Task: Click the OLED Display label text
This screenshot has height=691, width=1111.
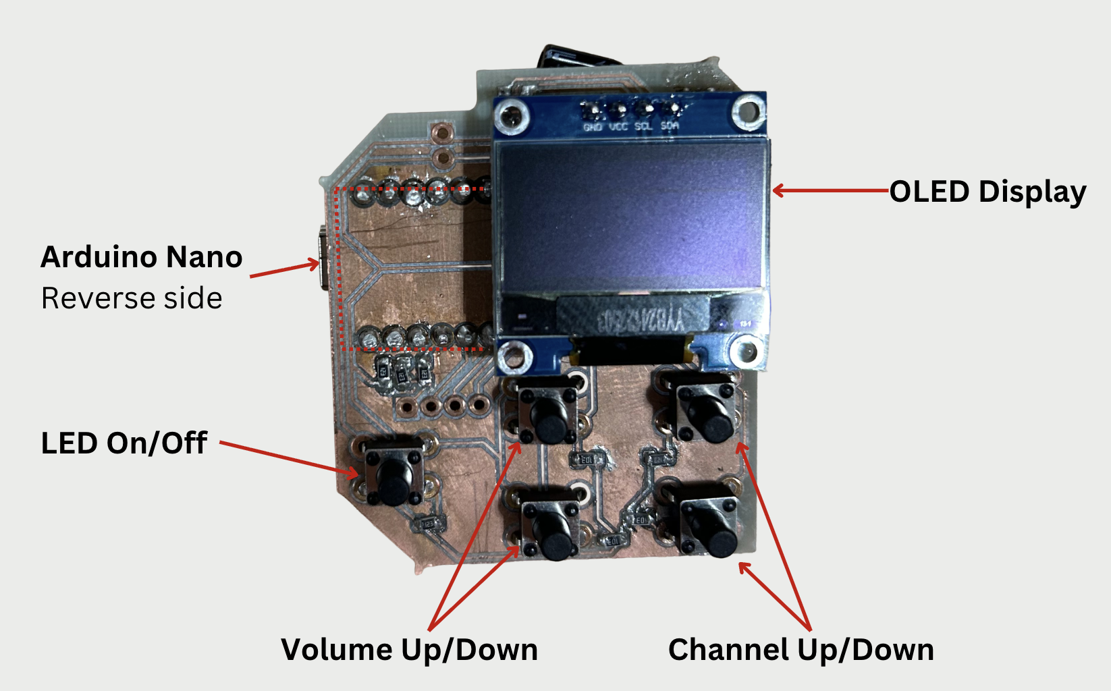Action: click(987, 192)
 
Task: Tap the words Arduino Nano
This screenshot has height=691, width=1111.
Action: click(142, 257)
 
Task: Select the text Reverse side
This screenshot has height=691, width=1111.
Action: click(132, 298)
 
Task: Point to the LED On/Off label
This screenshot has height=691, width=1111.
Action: click(124, 443)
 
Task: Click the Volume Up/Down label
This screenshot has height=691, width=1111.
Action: click(409, 650)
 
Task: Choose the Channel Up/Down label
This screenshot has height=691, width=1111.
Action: click(801, 650)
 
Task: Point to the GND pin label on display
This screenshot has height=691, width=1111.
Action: click(593, 127)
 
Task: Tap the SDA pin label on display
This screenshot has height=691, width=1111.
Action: click(670, 126)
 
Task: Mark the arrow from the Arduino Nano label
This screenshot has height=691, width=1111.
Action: click(284, 269)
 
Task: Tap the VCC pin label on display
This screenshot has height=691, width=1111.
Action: click(618, 127)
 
